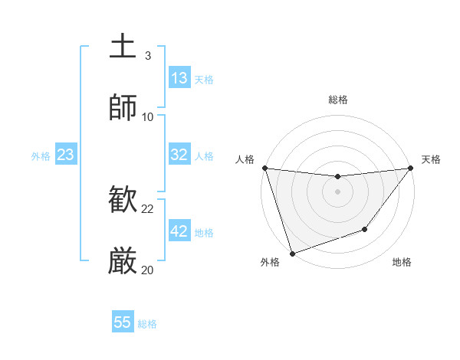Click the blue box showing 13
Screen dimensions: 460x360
pyautogui.click(x=179, y=78)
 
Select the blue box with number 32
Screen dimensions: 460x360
pyautogui.click(x=179, y=155)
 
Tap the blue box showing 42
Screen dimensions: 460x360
pyautogui.click(x=179, y=231)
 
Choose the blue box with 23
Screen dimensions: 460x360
pyautogui.click(x=65, y=155)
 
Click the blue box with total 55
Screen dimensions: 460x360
pyautogui.click(x=123, y=322)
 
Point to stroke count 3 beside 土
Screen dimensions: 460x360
pyautogui.click(x=147, y=56)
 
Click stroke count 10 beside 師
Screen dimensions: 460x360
pyautogui.click(x=148, y=116)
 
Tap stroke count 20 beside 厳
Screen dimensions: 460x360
pyautogui.click(x=148, y=270)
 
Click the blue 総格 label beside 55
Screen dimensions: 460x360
pyautogui.click(x=147, y=324)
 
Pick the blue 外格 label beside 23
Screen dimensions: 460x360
pyautogui.click(x=41, y=156)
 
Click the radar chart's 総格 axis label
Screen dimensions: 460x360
pyautogui.click(x=337, y=100)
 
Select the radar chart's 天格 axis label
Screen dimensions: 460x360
pyautogui.click(x=431, y=159)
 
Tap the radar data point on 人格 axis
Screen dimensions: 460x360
pyautogui.click(x=264, y=168)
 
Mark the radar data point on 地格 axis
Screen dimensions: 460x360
pyautogui.click(x=365, y=229)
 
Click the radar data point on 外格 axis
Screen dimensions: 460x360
pyautogui.click(x=292, y=253)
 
